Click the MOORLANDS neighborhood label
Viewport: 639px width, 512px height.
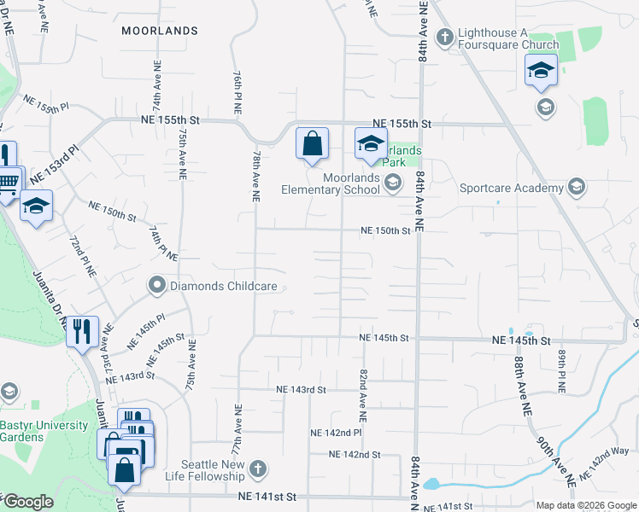(x=160, y=31)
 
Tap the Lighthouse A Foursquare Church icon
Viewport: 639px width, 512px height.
(x=444, y=37)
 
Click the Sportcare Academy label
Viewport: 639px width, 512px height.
(x=512, y=188)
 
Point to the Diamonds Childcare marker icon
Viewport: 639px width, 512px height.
(x=156, y=286)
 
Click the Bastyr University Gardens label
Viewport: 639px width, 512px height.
(x=44, y=431)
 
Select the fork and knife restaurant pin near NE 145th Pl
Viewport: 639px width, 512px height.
(x=82, y=331)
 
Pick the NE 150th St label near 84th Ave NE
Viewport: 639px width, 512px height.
(x=385, y=230)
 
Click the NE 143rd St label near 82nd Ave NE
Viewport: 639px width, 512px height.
(x=302, y=390)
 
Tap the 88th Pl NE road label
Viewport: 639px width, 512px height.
(x=562, y=370)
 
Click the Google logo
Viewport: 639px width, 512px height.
(x=27, y=502)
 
